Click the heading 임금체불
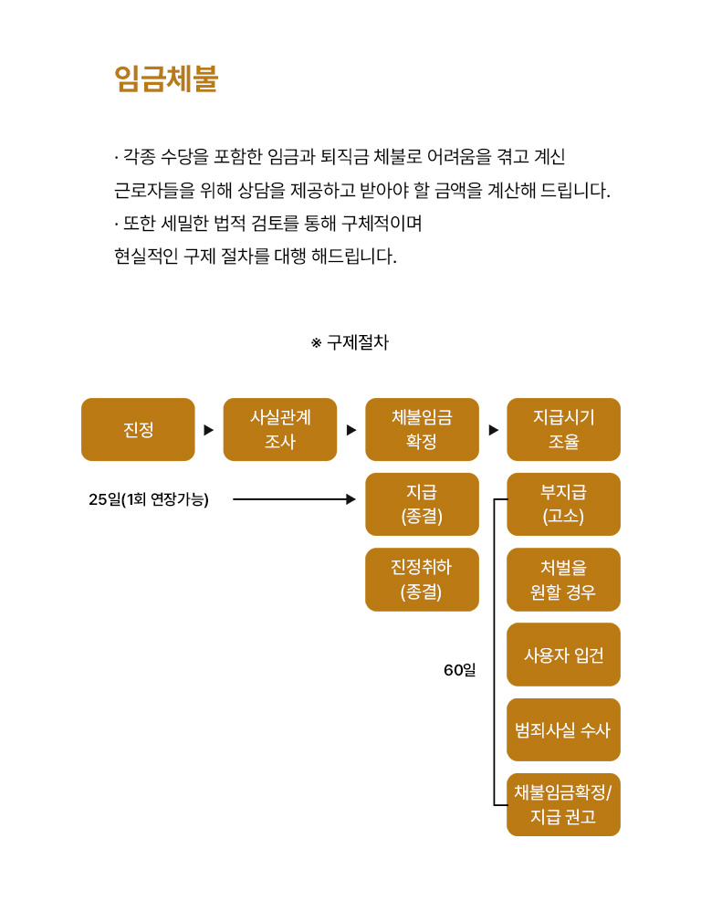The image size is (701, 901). coord(166,79)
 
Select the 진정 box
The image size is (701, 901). coord(138,430)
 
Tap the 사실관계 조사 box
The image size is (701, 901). coord(280,430)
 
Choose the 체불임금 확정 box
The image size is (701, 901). coord(422,430)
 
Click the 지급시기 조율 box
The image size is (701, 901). coord(563,430)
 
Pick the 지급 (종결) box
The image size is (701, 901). coord(422,504)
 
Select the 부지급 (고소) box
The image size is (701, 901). coord(563,504)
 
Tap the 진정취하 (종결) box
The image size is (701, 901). coord(422,580)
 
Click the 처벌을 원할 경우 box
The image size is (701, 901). coord(563,580)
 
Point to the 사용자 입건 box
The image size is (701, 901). coord(563,655)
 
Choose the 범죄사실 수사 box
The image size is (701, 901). coord(563,729)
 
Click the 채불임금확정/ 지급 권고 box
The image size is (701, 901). coord(563,804)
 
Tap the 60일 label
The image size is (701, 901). coord(459,670)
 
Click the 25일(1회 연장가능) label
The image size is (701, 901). coord(149,499)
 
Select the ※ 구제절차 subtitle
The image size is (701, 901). coord(350,343)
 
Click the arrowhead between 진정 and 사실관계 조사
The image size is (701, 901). coord(209,430)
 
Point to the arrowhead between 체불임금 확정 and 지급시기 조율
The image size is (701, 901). coord(494,430)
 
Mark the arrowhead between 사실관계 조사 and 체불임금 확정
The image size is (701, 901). coord(351,430)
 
